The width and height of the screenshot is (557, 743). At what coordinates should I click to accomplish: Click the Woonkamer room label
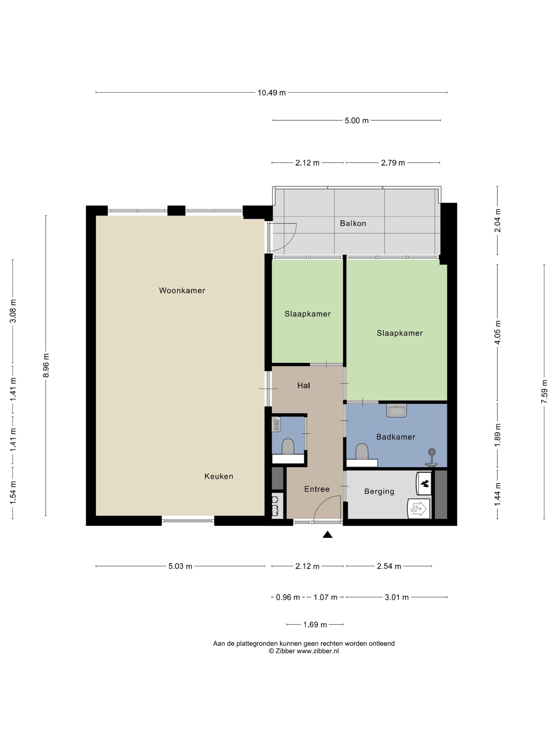(182, 291)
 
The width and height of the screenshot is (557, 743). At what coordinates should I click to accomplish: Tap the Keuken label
(219, 476)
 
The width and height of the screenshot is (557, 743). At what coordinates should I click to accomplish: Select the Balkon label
(353, 223)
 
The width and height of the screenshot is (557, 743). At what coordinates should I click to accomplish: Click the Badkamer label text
(396, 437)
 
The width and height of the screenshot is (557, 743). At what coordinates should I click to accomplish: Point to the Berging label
(379, 492)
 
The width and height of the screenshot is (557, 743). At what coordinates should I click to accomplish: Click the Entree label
(317, 489)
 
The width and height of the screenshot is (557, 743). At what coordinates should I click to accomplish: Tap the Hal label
(303, 386)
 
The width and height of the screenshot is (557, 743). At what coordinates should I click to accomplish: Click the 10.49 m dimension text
(272, 93)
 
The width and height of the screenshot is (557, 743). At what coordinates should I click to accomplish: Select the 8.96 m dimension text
(46, 365)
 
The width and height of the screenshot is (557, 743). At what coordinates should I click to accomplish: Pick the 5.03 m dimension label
(180, 566)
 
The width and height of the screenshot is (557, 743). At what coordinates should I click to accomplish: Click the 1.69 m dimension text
(315, 625)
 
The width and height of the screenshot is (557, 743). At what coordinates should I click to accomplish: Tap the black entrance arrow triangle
(327, 535)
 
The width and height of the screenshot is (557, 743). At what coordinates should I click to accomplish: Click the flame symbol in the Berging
(425, 484)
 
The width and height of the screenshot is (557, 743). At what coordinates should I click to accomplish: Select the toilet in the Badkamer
(362, 452)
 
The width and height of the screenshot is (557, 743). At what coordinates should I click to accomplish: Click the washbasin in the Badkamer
(397, 411)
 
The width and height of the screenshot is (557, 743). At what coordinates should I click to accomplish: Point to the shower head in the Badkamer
(432, 452)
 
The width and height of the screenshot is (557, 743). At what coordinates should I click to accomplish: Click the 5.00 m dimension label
(356, 120)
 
